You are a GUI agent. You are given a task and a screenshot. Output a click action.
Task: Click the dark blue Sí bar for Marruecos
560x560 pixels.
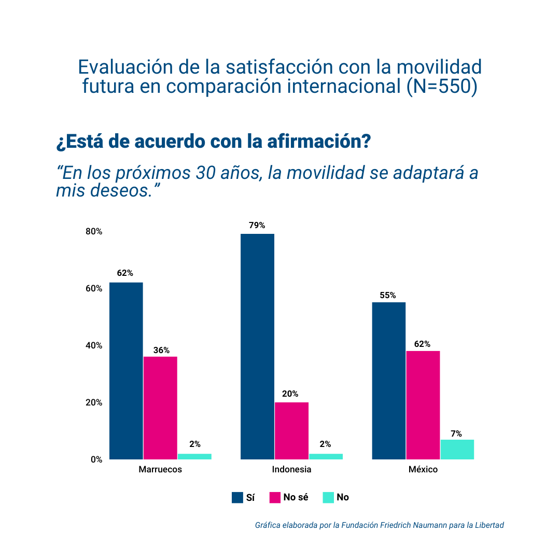126,371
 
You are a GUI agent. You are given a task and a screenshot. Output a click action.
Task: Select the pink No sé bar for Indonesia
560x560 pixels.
291,431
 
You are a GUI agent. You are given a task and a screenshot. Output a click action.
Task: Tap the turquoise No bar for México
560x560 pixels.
457,450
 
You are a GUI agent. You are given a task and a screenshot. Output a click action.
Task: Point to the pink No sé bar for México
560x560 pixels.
423,405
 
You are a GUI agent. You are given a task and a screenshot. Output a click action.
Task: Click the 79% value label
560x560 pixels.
257,226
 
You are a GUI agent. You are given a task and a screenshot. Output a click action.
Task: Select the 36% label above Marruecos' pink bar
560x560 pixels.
161,350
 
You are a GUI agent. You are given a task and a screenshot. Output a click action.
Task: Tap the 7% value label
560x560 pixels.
456,434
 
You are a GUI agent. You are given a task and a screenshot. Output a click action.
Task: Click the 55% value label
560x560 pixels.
388,296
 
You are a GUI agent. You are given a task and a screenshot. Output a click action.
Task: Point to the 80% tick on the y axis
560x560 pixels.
94,232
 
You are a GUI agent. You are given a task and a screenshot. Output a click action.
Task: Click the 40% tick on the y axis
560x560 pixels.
94,346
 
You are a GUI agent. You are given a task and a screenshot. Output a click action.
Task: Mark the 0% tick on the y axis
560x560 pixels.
96,460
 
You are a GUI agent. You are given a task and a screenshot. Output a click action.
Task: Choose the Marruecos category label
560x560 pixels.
160,470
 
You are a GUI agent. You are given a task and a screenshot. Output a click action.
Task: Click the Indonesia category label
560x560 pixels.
291,470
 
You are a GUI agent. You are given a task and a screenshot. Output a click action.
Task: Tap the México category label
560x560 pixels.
423,470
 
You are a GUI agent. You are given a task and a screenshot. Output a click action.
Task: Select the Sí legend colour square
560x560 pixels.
237,498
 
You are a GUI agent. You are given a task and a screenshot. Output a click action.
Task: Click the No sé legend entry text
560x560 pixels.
296,497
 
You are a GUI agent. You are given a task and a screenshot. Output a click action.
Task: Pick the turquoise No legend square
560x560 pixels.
328,498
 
